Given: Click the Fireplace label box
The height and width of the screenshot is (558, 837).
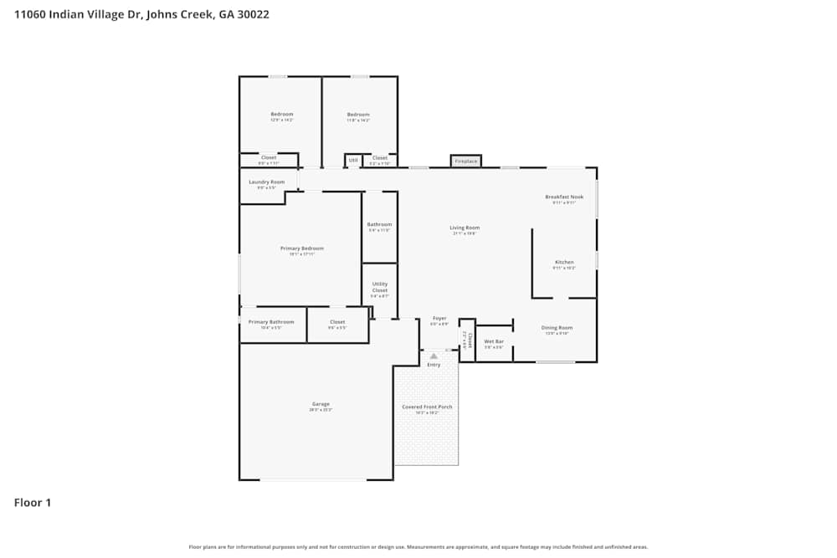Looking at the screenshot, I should pos(466,161).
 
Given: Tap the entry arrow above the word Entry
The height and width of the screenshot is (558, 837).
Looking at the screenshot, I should pos(434,356).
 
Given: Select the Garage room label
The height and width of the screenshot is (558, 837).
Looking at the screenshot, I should pos(321,404).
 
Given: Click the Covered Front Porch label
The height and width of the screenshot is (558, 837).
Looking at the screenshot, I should pos(427,407).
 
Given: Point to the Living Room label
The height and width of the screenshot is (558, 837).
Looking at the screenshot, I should pos(465,228).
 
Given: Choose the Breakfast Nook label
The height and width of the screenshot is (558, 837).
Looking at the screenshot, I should pos(564,197).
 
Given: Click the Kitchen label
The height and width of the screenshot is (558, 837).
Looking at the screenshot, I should pos(564,263).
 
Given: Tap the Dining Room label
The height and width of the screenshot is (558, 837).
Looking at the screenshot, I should pos(557,328).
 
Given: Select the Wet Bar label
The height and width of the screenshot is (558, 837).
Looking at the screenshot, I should pos(494,341).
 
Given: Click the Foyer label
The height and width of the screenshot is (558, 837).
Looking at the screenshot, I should pos(439,319).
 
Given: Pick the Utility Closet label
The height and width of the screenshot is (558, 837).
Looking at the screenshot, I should pos(380,288).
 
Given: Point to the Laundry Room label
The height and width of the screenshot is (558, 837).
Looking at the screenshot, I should pos(267,182).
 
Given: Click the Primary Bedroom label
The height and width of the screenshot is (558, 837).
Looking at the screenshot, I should pos(301,248).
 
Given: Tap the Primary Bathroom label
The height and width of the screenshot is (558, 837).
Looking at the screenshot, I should pos(271,322).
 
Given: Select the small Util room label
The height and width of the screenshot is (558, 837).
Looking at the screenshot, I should pos(353,159).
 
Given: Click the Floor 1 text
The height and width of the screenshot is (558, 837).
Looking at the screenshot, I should pos(33,503).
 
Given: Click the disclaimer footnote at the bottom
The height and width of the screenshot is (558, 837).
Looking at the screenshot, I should pos(418,547).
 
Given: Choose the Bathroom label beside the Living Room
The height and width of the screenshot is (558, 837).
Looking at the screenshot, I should pos(379,224).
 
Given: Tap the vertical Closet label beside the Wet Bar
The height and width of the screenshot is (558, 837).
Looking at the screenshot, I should pos(469,340).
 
